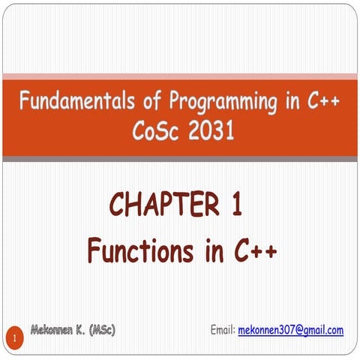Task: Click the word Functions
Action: (136, 250)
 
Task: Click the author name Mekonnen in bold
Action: (57, 330)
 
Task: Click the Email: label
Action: (223, 330)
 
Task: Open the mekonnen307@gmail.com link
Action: (290, 330)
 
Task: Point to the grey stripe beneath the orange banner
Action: (180, 159)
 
